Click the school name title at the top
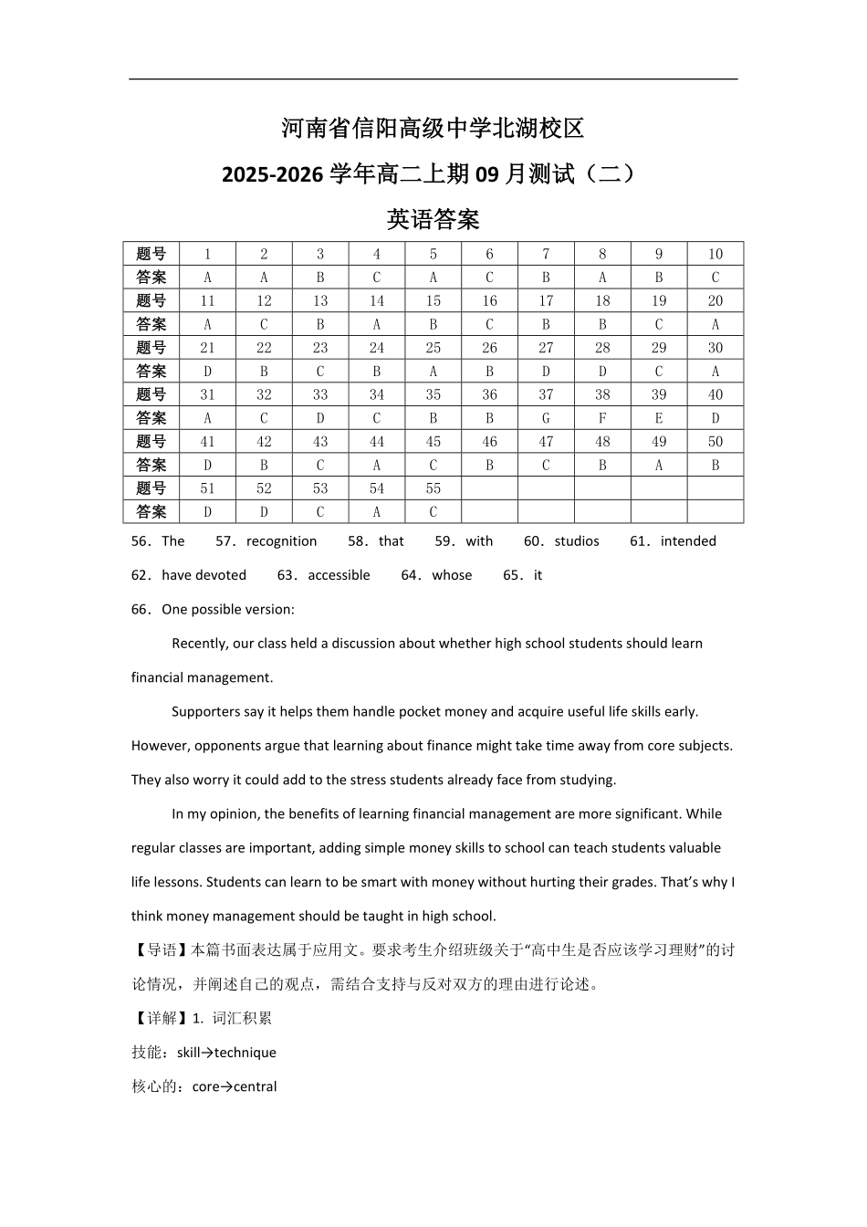pyautogui.click(x=433, y=129)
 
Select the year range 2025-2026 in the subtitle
pyautogui.click(x=272, y=173)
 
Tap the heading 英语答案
pyautogui.click(x=433, y=219)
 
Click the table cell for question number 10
pyautogui.click(x=715, y=254)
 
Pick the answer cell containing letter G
pyautogui.click(x=546, y=418)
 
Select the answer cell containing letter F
pyautogui.click(x=602, y=418)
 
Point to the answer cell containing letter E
pyautogui.click(x=659, y=418)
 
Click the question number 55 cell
pyautogui.click(x=433, y=488)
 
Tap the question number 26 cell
pyautogui.click(x=489, y=348)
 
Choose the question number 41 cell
pyautogui.click(x=207, y=442)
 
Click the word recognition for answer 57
pyautogui.click(x=281, y=541)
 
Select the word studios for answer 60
pyautogui.click(x=577, y=541)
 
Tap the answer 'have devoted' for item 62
pyautogui.click(x=204, y=575)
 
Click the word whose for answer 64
pyautogui.click(x=452, y=575)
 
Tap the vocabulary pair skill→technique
pyautogui.click(x=226, y=1053)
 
